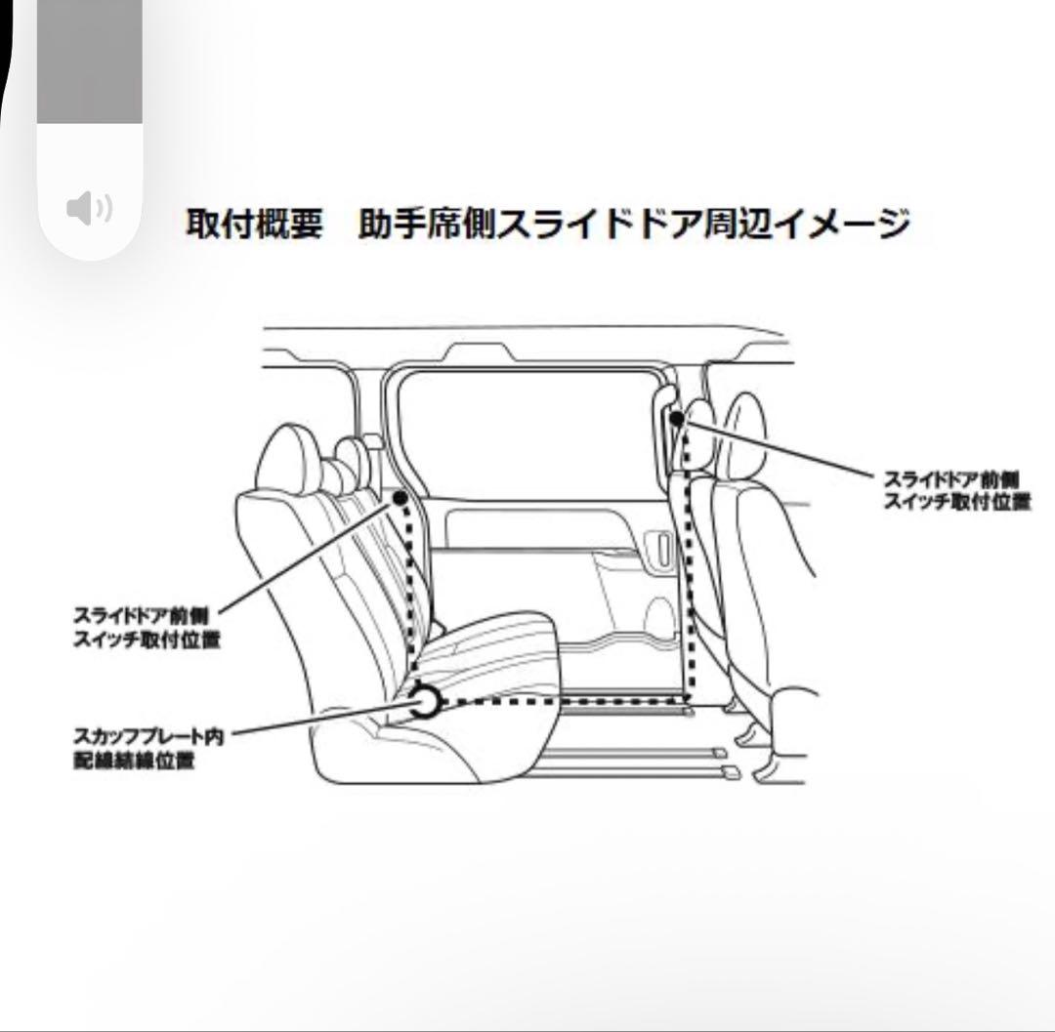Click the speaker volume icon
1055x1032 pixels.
click(89, 207)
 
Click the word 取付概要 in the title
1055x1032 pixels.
click(254, 224)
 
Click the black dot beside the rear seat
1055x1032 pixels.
click(399, 498)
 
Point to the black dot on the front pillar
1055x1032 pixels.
click(677, 417)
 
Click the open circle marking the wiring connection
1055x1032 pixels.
click(425, 701)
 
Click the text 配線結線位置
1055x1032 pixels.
click(133, 761)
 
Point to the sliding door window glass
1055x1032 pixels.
click(527, 430)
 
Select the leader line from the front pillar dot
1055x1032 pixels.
click(781, 449)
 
